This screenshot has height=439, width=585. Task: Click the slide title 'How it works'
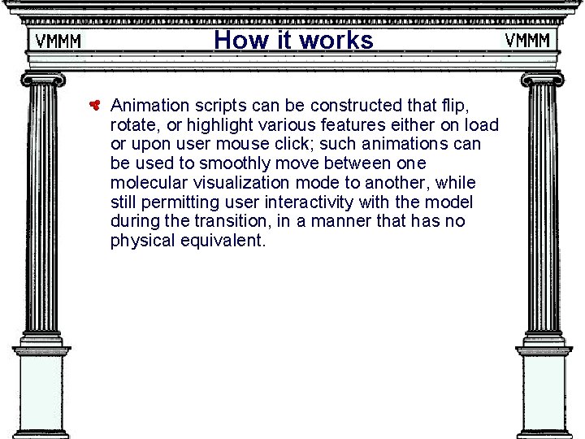pyautogui.click(x=293, y=40)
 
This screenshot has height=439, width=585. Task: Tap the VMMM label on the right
pyautogui.click(x=527, y=40)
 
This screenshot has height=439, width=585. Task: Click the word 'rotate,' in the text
pyautogui.click(x=133, y=124)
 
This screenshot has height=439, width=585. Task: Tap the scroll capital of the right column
pyautogui.click(x=543, y=80)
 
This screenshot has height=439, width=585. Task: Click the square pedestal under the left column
pyautogui.click(x=41, y=394)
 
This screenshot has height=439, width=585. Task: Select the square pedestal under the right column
pyautogui.click(x=543, y=394)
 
